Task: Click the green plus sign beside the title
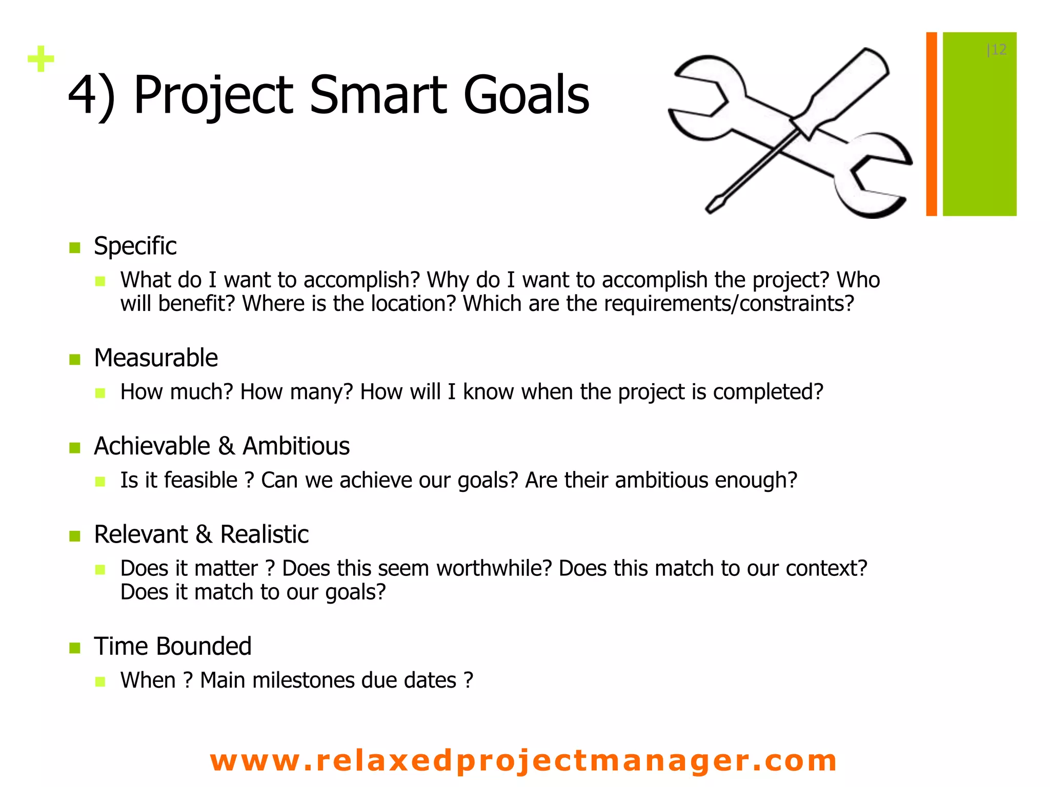coord(41,59)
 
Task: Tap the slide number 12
coord(997,50)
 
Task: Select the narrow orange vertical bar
coord(931,124)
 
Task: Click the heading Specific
coord(135,246)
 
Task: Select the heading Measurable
coord(156,358)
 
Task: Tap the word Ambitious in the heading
coord(296,446)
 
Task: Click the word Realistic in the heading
coord(264,534)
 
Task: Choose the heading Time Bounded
coord(173,646)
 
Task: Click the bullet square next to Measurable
coord(75,359)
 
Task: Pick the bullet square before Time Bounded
coord(75,648)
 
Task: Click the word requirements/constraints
coord(729,304)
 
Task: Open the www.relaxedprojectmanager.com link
coord(523,760)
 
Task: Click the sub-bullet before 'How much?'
coord(100,393)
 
